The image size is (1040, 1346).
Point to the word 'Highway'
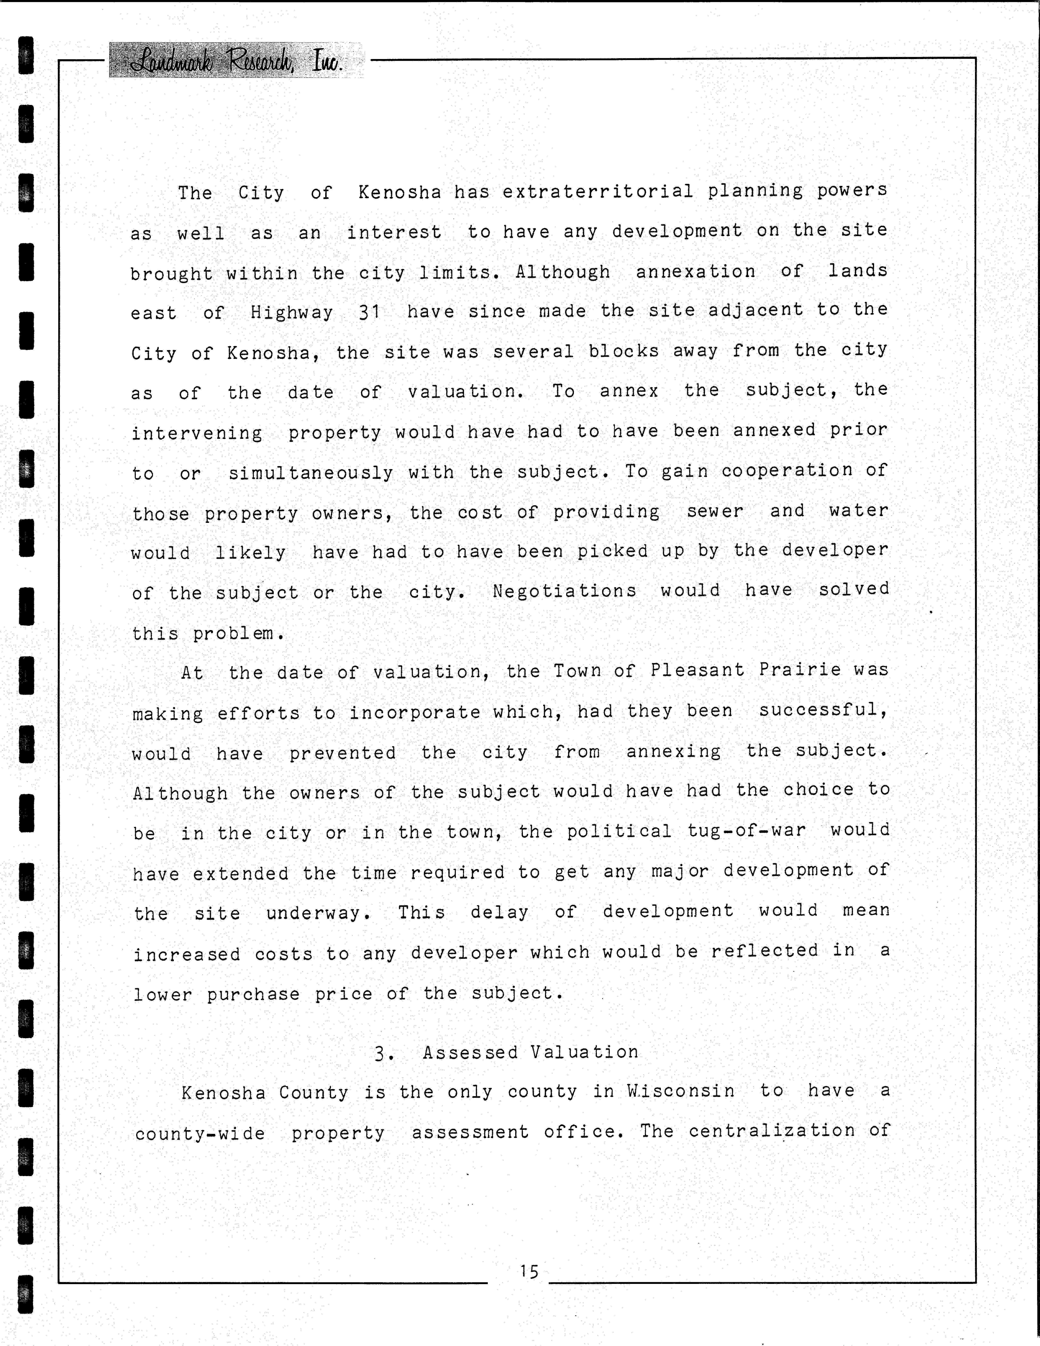(292, 312)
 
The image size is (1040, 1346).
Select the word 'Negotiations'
(565, 591)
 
